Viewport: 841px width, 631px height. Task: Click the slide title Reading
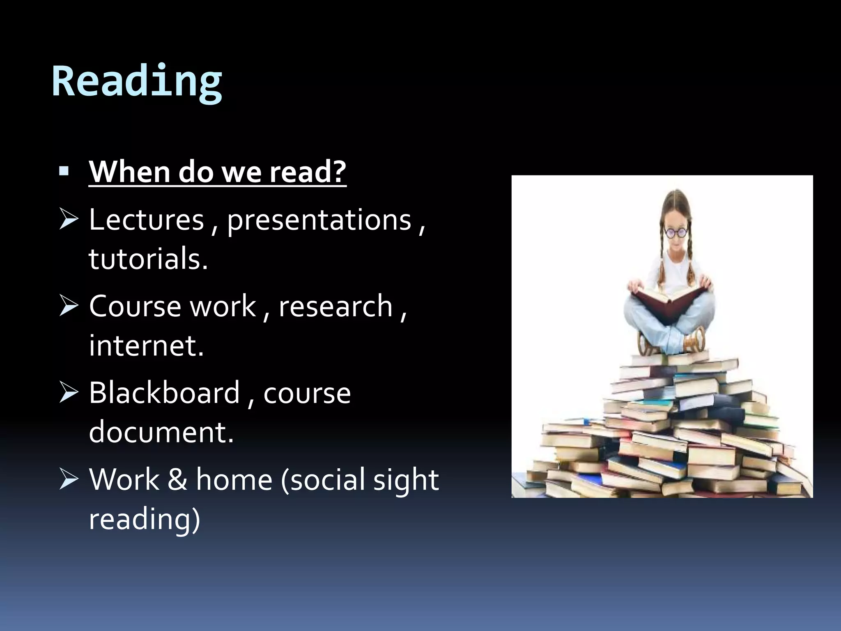tap(137, 81)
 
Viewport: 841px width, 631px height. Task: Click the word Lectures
tap(146, 220)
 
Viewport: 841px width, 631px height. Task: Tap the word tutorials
tap(148, 259)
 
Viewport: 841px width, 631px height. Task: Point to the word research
tap(335, 306)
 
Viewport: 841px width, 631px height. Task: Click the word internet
tap(146, 345)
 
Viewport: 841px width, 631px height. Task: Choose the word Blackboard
tap(164, 393)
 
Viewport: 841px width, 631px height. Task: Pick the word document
tap(161, 432)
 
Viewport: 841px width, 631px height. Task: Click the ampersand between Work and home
tap(177, 479)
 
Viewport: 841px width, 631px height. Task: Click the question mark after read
tap(339, 172)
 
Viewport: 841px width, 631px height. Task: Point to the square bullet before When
tap(64, 171)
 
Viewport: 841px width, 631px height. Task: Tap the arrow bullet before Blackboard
tap(68, 392)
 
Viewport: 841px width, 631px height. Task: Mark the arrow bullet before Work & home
tap(68, 479)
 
